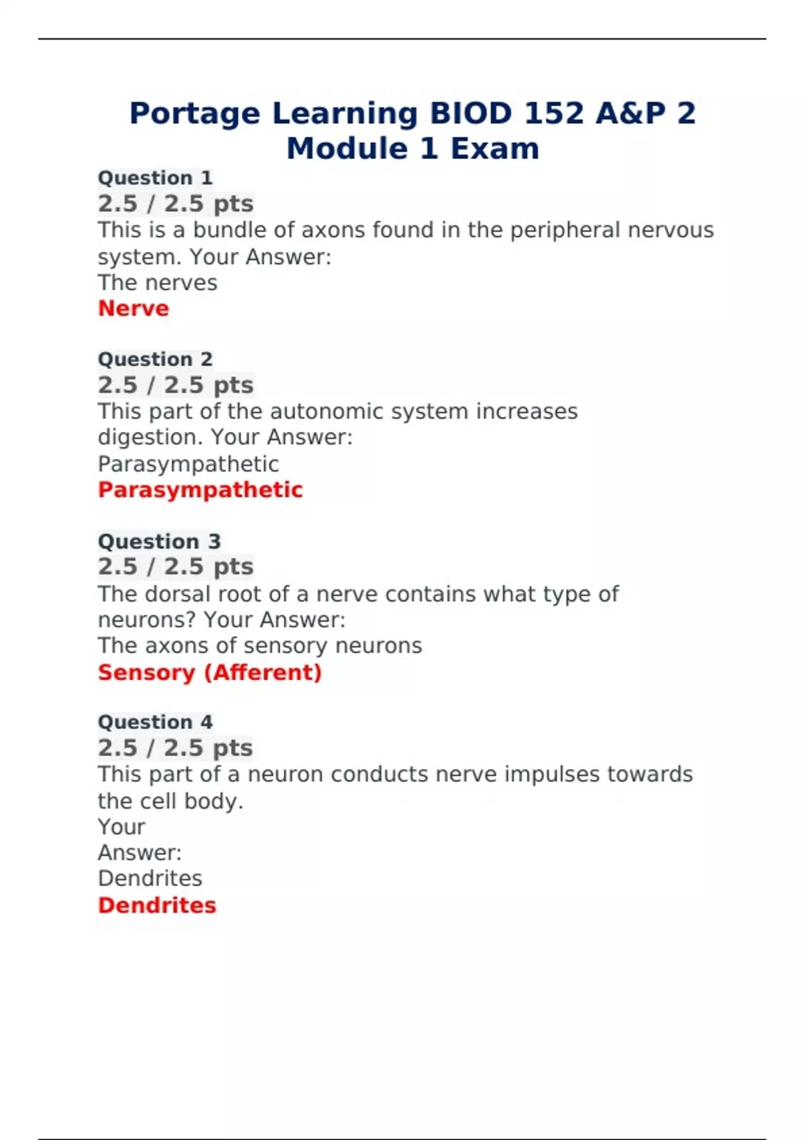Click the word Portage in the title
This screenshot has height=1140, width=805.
[x=195, y=113]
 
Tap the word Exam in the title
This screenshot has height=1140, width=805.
[x=494, y=148]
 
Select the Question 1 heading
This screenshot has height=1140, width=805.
[x=155, y=178]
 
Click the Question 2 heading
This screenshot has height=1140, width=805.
[x=155, y=359]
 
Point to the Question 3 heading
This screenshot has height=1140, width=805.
[x=159, y=541]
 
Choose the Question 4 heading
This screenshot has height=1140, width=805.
[x=155, y=722]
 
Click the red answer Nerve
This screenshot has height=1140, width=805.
[x=133, y=308]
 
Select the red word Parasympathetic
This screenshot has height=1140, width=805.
[x=200, y=490]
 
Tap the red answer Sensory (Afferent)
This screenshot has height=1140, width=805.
[x=209, y=672]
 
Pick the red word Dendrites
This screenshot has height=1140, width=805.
[x=157, y=905]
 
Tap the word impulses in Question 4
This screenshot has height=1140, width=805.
[x=552, y=775]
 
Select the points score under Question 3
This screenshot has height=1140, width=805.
[x=175, y=567]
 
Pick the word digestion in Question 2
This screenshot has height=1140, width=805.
[x=151, y=438]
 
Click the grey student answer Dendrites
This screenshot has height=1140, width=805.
[x=150, y=878]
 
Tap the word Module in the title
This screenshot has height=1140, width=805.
[x=347, y=148]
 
